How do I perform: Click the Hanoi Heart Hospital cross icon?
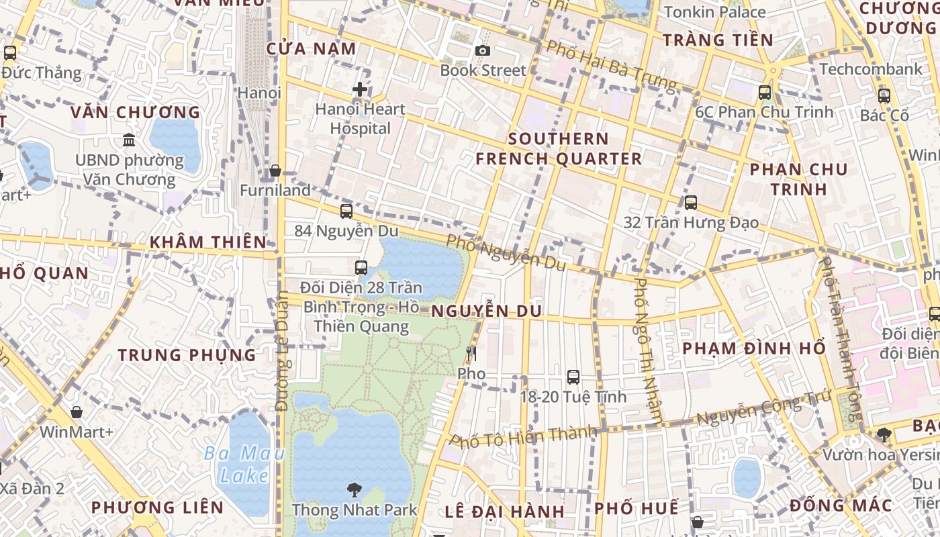360,89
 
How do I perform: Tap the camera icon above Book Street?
482,50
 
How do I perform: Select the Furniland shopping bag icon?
275,171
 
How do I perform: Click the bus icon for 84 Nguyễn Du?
346,211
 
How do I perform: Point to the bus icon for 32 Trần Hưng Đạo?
691,202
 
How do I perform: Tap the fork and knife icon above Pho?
471,353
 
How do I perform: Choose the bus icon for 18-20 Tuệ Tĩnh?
573,377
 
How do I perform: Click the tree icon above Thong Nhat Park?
354,490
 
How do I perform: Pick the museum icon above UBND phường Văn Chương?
129,140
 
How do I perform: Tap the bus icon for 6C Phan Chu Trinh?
764,93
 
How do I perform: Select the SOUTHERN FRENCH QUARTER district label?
559,149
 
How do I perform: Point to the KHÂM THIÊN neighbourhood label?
207,242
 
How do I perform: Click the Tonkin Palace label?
714,12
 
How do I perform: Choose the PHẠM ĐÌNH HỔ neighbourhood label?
754,348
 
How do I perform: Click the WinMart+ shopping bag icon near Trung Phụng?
77,411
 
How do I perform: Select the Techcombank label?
871,69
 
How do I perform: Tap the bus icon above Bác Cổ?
884,95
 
